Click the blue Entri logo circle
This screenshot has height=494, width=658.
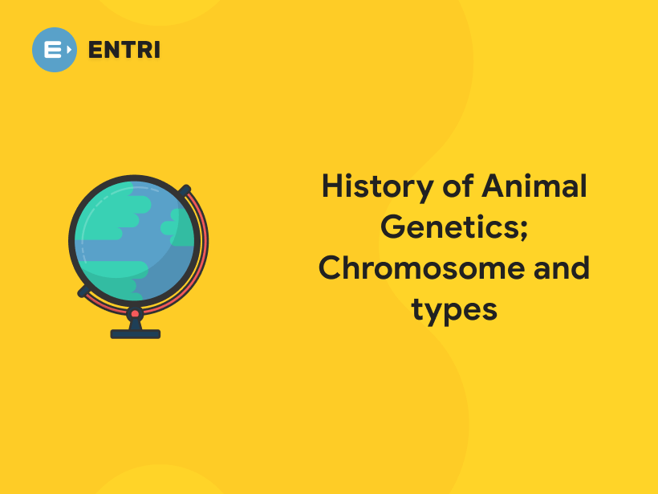(55, 50)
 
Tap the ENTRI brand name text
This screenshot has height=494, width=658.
(124, 50)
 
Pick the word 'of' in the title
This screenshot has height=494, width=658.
(457, 187)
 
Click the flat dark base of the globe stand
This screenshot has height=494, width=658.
(135, 333)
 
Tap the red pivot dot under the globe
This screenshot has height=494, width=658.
(135, 313)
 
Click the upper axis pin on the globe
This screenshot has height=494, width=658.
(185, 191)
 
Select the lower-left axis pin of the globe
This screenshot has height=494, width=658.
(83, 291)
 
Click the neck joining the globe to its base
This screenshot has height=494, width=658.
(135, 324)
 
